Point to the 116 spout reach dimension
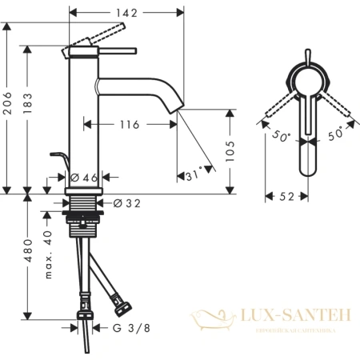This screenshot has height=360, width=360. [125, 124]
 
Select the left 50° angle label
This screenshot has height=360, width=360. [281, 135]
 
